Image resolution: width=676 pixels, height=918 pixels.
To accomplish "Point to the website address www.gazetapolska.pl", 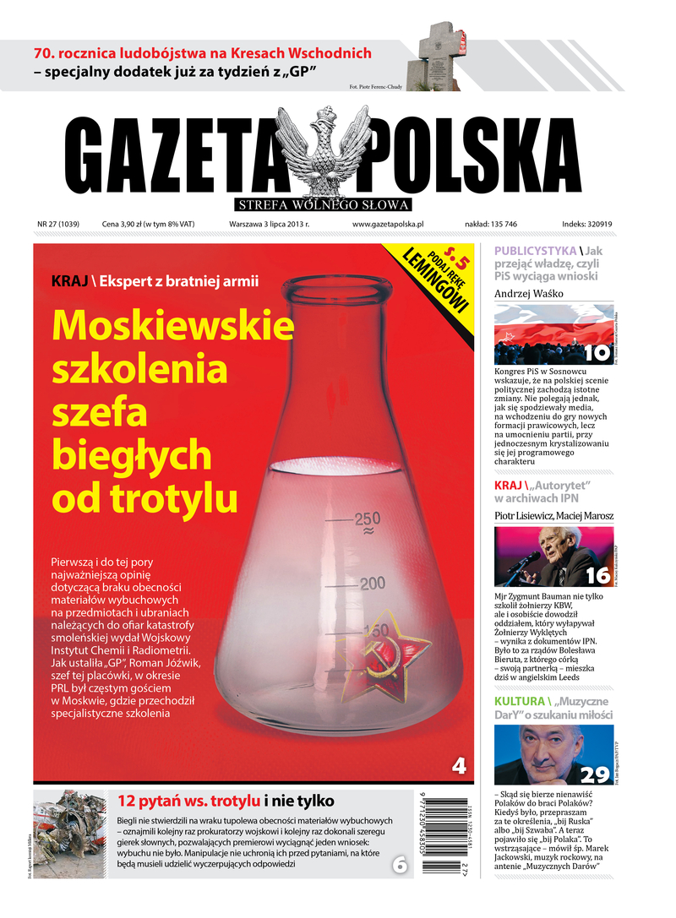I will point(387,225).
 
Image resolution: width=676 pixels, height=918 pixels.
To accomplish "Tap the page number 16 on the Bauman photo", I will point(597,575).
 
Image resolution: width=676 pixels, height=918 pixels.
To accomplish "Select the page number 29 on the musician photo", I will point(595,774).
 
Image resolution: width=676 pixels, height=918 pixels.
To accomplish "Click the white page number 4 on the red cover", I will point(459,766).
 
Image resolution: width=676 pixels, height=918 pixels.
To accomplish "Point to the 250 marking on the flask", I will point(368,519).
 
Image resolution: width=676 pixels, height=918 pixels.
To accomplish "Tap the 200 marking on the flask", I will point(372,583).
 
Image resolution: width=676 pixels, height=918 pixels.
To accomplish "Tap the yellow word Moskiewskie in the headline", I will point(173,325).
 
